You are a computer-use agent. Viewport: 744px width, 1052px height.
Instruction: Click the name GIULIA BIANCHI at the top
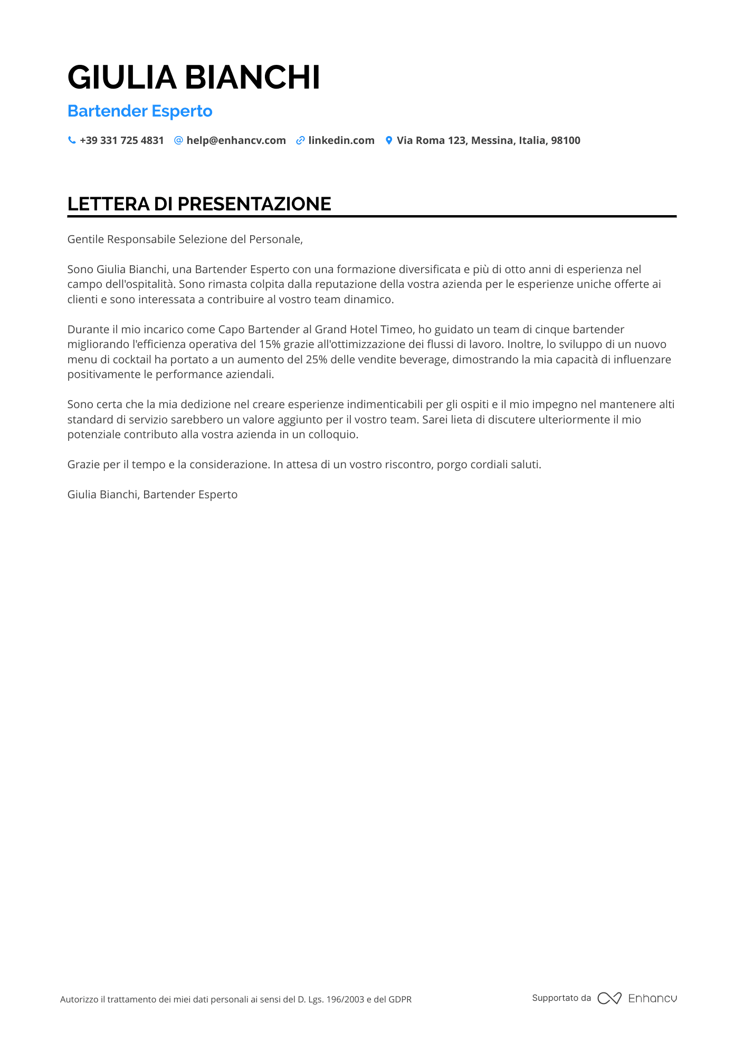click(194, 78)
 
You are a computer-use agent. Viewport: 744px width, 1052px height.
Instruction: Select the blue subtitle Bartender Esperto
click(140, 111)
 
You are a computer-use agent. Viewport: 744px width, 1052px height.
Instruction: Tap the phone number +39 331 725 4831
click(121, 141)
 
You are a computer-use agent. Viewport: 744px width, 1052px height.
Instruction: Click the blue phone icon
click(72, 140)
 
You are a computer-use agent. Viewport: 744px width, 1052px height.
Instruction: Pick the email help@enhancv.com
click(236, 141)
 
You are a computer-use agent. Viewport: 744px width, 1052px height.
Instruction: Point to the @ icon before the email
click(178, 140)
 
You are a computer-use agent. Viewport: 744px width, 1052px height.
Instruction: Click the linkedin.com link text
click(341, 141)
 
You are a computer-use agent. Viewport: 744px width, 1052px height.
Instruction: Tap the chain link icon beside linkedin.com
click(300, 140)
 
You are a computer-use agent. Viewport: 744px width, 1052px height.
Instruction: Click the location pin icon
click(389, 140)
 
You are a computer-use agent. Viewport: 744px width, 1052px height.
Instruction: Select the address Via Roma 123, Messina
click(488, 141)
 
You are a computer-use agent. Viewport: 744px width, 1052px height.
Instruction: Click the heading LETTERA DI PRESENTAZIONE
click(199, 204)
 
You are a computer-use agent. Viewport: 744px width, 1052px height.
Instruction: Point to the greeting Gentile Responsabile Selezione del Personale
click(185, 239)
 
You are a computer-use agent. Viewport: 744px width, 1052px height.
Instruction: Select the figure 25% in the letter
click(316, 360)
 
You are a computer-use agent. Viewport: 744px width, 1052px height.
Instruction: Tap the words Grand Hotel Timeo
click(364, 330)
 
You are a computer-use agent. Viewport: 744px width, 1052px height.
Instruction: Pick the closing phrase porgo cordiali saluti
click(489, 465)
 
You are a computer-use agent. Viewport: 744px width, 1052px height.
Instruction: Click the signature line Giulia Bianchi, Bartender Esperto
click(152, 495)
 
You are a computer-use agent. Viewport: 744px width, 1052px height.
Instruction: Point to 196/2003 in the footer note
click(345, 999)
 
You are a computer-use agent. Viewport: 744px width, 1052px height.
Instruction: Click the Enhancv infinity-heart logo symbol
click(609, 998)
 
